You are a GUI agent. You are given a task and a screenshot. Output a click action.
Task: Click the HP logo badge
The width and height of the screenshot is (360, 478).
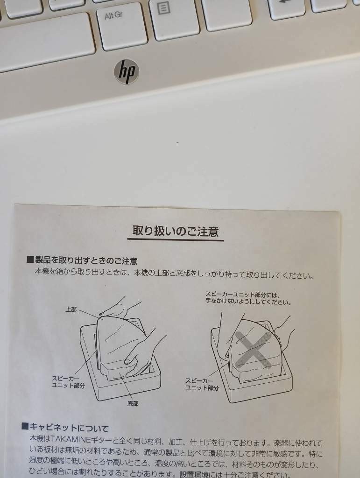click(x=127, y=71)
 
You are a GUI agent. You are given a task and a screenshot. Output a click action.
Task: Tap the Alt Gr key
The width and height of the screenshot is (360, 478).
click(x=122, y=26)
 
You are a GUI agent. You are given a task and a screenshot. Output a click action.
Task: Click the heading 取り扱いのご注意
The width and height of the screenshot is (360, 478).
click(x=176, y=231)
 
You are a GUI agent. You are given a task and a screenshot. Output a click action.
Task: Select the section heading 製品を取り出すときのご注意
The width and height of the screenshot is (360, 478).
click(x=86, y=260)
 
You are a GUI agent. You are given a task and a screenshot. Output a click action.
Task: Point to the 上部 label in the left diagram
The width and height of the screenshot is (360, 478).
click(x=71, y=309)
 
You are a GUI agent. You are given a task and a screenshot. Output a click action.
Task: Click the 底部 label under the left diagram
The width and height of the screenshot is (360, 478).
click(x=133, y=404)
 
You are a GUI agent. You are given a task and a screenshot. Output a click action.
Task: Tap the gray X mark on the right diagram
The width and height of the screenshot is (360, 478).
click(x=254, y=350)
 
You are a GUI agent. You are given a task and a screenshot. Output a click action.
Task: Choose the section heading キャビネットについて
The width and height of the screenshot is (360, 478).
click(x=69, y=428)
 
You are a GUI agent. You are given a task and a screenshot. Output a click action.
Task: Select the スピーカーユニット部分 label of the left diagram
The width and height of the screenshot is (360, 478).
click(x=68, y=382)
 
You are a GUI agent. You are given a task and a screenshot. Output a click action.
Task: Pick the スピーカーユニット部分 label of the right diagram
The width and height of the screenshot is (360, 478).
click(x=202, y=385)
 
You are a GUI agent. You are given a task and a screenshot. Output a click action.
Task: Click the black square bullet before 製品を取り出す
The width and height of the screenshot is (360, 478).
click(x=30, y=260)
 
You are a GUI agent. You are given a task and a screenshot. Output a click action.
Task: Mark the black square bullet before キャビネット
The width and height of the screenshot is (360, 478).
click(x=25, y=426)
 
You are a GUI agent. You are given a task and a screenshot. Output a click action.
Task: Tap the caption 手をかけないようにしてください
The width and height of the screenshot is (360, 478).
click(x=248, y=302)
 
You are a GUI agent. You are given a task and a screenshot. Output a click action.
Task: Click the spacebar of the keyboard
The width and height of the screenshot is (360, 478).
click(x=46, y=42)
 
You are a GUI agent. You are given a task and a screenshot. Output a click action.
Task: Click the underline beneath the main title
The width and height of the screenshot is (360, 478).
click(x=175, y=240)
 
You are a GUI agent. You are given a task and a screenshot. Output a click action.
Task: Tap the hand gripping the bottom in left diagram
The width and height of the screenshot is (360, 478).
click(x=143, y=354)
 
